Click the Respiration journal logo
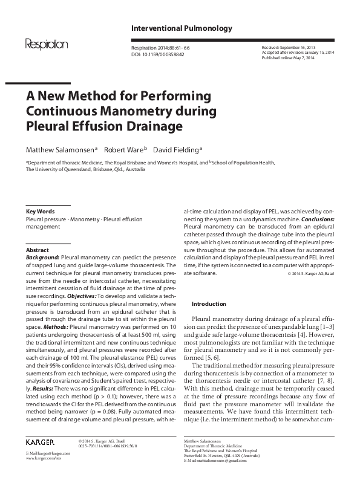(47, 44)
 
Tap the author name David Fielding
(175, 149)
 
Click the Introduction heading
(209, 303)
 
